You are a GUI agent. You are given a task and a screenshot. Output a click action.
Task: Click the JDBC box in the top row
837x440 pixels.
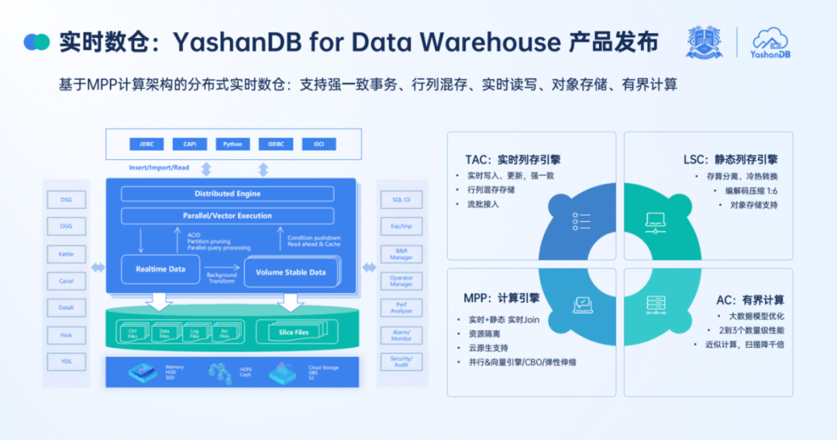(x=147, y=144)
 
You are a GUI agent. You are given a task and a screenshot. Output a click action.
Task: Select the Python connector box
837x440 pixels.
(x=232, y=144)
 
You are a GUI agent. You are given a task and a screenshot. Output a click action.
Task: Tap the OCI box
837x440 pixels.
(x=319, y=144)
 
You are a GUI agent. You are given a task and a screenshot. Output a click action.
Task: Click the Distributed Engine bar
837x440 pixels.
(x=227, y=193)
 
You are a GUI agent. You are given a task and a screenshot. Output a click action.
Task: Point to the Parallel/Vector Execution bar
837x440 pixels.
(x=227, y=216)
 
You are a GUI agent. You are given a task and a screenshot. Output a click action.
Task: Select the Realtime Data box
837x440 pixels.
(x=160, y=269)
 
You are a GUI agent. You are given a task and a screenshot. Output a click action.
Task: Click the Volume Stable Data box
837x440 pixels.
(x=291, y=272)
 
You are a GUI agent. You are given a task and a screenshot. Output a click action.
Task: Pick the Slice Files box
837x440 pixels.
(x=294, y=332)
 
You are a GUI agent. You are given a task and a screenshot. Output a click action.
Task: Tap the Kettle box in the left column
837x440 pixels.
(x=66, y=254)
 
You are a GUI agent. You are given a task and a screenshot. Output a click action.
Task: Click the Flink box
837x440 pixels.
(x=66, y=335)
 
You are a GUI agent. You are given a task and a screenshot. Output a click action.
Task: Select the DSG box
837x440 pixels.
(x=66, y=199)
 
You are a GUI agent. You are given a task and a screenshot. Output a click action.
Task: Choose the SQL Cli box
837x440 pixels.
(x=401, y=199)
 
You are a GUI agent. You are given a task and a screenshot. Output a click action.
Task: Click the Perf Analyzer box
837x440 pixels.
(x=401, y=308)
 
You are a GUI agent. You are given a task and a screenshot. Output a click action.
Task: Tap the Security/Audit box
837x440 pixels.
(x=401, y=362)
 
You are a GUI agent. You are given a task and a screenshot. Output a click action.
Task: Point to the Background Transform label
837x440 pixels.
(x=222, y=278)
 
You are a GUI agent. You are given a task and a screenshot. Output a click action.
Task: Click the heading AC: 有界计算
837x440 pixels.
(x=749, y=300)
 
